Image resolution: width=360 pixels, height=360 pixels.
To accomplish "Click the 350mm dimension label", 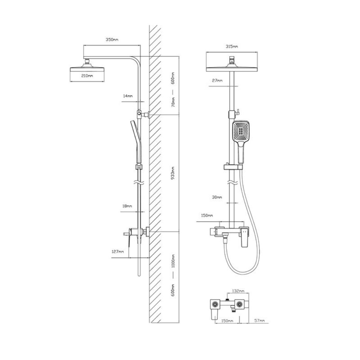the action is coord(112,40).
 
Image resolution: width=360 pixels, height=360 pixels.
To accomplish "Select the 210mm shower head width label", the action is coord(87,76).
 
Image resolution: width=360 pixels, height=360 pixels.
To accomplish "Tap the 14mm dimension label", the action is coord(128,96).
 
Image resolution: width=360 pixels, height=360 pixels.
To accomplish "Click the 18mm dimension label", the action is coord(127,206).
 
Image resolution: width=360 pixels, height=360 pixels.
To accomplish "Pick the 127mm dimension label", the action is coord(118,252).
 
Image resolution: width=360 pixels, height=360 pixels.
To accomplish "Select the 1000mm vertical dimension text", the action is coord(173,261).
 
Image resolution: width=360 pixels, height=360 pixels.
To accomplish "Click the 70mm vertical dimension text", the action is coord(173,102).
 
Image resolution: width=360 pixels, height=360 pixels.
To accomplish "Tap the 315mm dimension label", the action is coord(231,46).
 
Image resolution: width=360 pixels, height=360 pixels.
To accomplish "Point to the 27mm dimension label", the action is coord(217,81).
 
